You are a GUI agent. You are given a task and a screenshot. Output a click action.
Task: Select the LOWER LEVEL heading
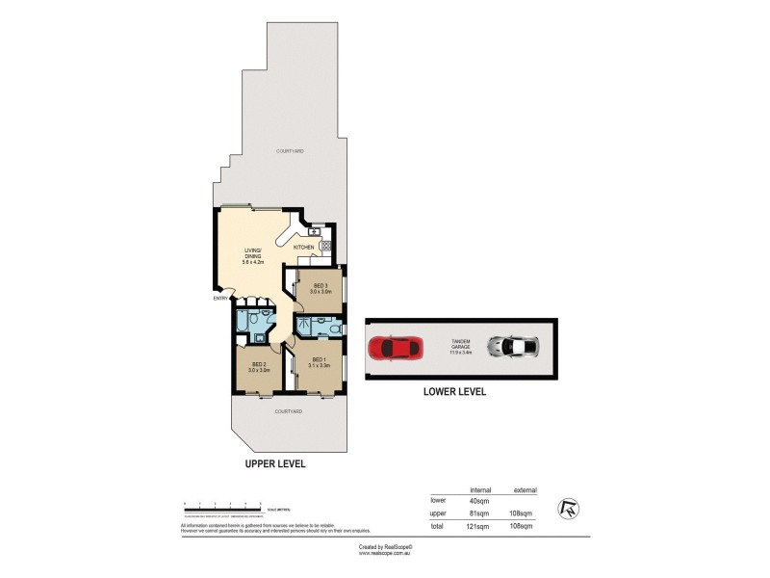click(x=454, y=392)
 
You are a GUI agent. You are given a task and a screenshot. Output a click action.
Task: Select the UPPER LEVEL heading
click(x=275, y=463)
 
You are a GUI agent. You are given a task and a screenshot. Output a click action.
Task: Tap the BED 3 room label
click(x=320, y=288)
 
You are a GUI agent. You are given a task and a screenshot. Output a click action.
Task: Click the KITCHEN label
click(x=304, y=248)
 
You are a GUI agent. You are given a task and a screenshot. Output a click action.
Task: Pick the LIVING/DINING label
click(x=254, y=256)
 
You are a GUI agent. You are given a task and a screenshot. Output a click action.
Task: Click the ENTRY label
click(x=220, y=298)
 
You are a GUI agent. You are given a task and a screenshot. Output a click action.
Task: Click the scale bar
click(x=221, y=504)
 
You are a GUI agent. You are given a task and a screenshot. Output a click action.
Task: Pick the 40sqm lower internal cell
click(x=479, y=500)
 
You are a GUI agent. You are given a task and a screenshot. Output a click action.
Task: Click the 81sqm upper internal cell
click(x=479, y=514)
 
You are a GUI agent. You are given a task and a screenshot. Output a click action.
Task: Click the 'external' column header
click(x=526, y=488)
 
